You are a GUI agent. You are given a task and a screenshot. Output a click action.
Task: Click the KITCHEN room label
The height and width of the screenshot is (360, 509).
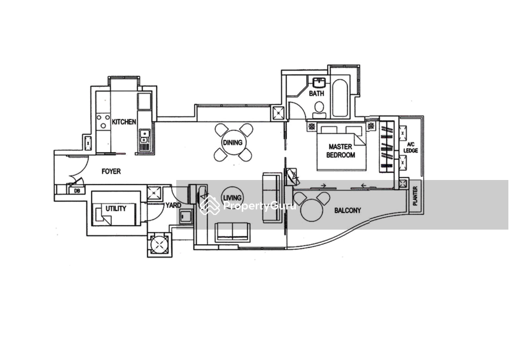coord(124,121)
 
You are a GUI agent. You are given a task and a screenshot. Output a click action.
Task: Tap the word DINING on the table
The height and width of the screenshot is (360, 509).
coord(232,142)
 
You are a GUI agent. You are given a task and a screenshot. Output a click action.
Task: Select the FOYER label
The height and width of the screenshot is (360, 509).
coord(111,172)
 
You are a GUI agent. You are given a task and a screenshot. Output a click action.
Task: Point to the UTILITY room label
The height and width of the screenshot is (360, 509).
coord(116,209)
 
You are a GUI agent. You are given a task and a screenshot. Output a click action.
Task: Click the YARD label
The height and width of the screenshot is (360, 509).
coord(172,205)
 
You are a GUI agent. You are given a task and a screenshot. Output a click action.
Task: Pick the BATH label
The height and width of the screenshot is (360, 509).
coord(316,94)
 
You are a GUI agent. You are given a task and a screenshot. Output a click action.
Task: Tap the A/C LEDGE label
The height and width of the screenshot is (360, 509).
coord(412,148)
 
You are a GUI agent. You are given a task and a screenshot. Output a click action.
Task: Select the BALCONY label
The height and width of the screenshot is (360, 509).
coord(347,209)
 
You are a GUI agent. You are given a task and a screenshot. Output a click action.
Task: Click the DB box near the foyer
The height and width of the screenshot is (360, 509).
coord(77,190)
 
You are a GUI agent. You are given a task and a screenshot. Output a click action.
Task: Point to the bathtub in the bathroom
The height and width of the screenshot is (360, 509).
coord(340,99)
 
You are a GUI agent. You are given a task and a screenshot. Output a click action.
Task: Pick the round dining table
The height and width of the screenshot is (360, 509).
coord(232,142)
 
